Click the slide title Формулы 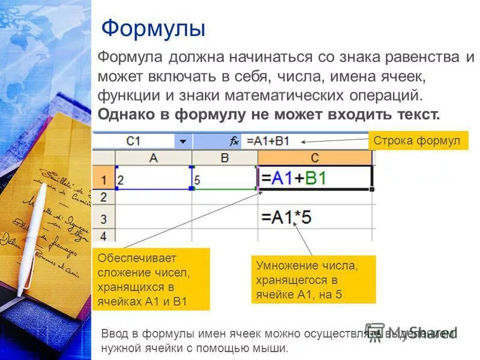pos(154,28)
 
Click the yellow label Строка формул pos(416,141)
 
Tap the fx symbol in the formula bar pos(235,142)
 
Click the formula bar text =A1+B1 pos(268,142)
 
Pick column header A pos(153,157)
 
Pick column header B pos(224,157)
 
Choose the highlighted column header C pos(314,157)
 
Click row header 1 pos(103,178)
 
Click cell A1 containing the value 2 pos(153,178)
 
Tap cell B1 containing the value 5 pos(224,178)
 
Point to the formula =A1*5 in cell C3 pos(286,217)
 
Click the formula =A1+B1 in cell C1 pos(293,178)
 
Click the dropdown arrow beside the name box pos(183,142)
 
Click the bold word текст pos(416,114)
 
